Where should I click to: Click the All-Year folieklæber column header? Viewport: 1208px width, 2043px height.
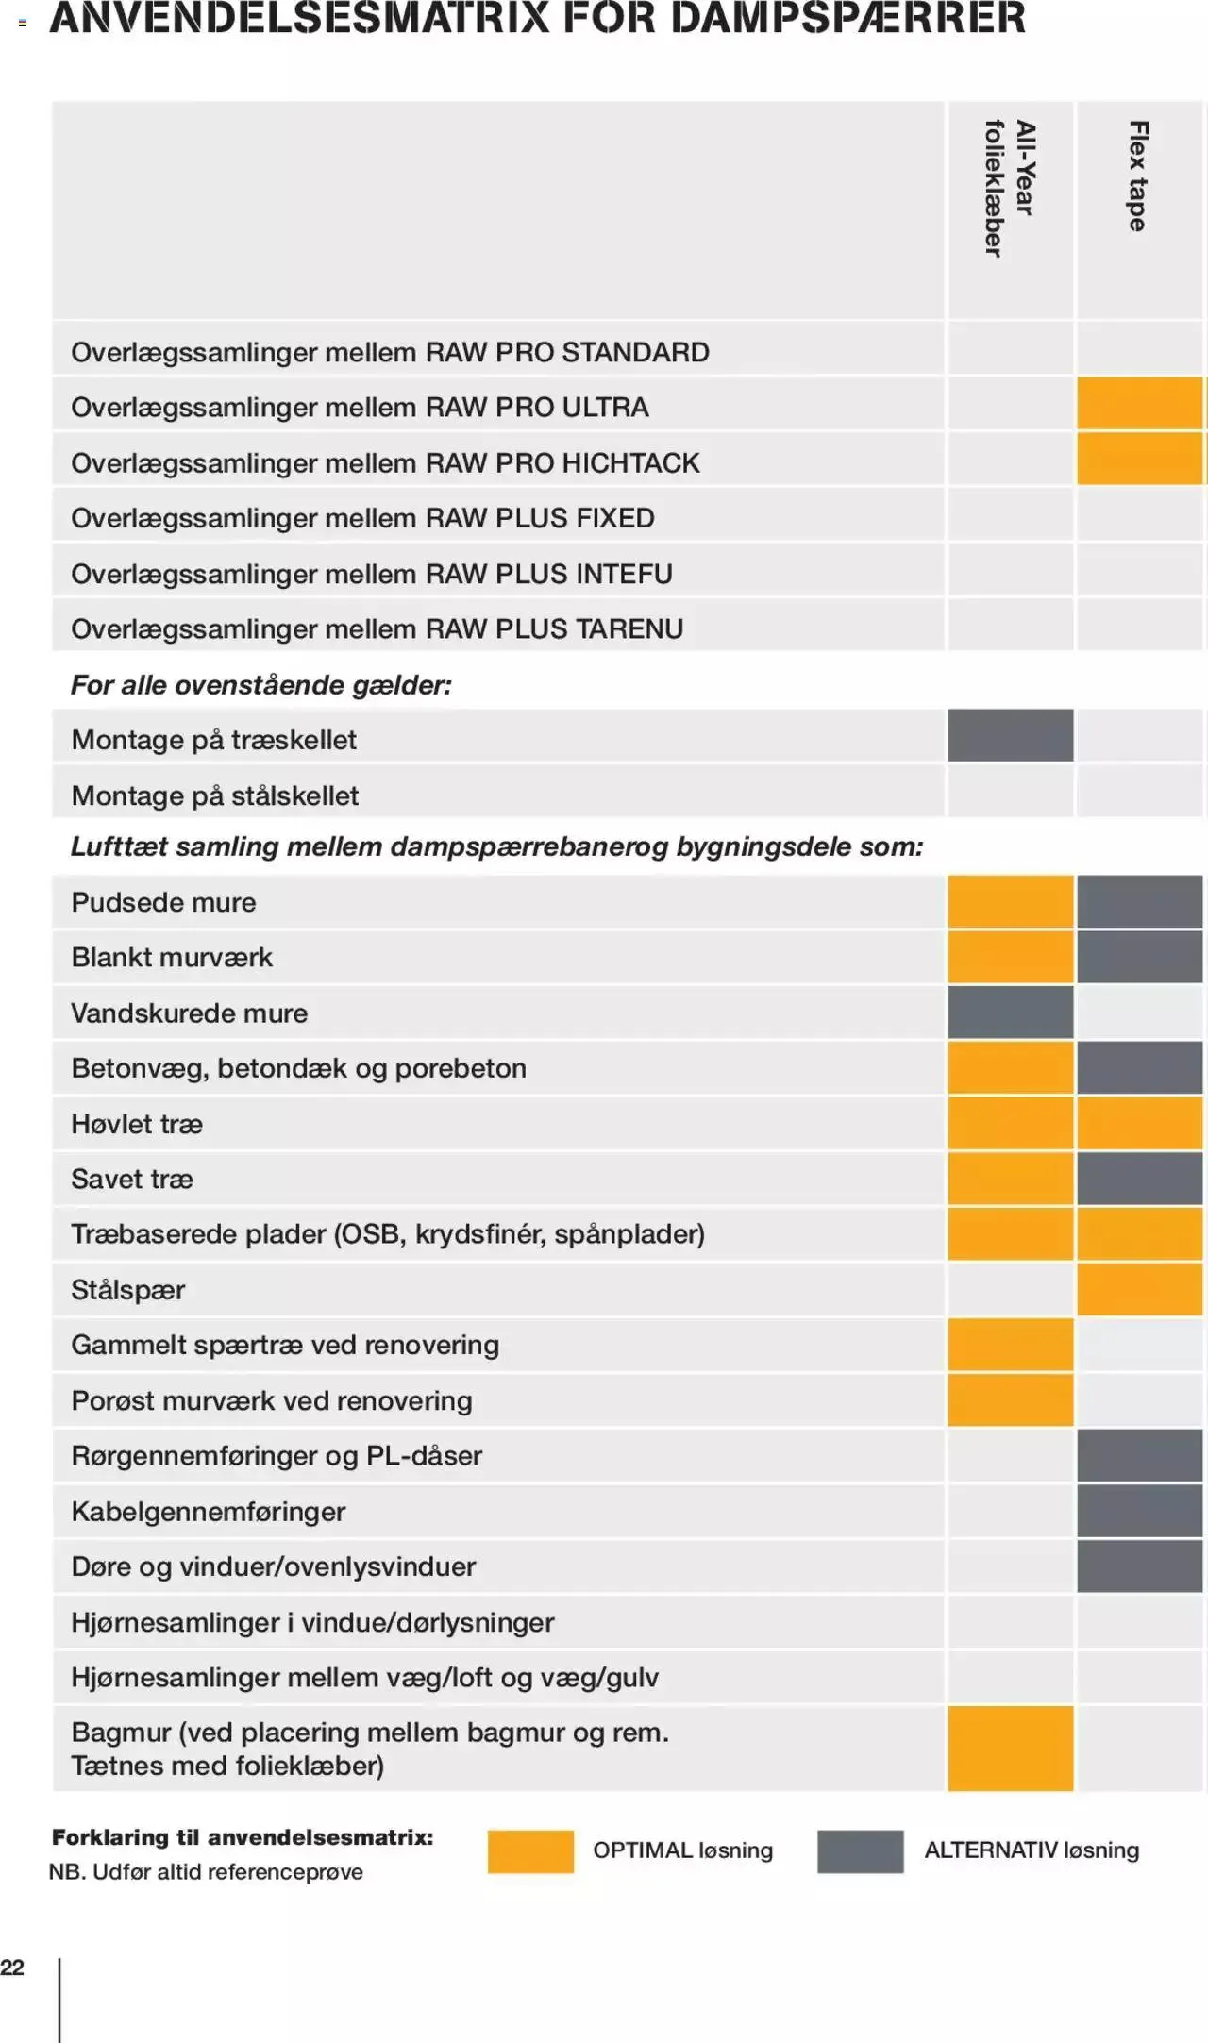(x=1009, y=189)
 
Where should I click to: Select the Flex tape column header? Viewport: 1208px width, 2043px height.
(x=1138, y=176)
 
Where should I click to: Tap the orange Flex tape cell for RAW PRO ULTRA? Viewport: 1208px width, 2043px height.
(x=1140, y=403)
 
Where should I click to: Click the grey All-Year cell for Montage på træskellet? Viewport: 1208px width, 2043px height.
(x=1010, y=736)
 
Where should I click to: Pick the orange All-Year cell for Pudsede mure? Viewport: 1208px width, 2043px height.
(x=1010, y=902)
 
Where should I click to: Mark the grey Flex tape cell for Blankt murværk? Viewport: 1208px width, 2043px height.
(x=1140, y=957)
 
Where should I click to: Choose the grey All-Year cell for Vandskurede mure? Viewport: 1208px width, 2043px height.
(x=1010, y=1013)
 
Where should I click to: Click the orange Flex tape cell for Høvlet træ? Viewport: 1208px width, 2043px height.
(x=1140, y=1123)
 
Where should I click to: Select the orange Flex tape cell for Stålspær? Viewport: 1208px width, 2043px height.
(x=1140, y=1289)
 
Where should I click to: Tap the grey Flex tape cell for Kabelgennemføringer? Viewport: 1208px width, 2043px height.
(x=1140, y=1511)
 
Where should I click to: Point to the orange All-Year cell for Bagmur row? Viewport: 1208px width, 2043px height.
(x=1010, y=1749)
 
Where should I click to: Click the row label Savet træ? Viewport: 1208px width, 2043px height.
(x=132, y=1180)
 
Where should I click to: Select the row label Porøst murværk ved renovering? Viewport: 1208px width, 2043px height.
(x=272, y=1400)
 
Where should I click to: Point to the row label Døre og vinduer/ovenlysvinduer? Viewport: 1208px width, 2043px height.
(x=274, y=1566)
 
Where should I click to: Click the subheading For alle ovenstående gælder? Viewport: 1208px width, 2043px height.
(x=261, y=685)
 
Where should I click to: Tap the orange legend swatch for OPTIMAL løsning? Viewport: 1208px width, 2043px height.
(x=530, y=1850)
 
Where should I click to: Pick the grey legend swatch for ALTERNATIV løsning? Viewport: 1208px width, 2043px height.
(x=860, y=1850)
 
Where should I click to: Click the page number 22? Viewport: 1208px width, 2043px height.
(x=12, y=1968)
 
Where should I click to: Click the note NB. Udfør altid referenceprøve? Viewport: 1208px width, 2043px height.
(x=206, y=1872)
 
